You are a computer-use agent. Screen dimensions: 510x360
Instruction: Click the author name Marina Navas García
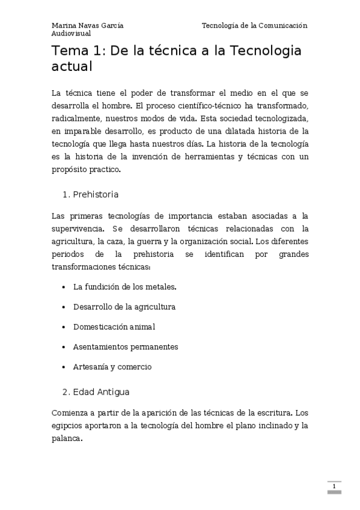click(x=88, y=26)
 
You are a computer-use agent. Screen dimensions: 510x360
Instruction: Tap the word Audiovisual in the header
click(x=71, y=34)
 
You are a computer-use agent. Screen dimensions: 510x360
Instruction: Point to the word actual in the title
click(x=72, y=66)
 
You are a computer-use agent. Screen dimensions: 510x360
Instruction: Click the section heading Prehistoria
click(x=95, y=195)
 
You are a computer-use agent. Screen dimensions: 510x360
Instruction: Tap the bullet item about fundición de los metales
click(x=124, y=287)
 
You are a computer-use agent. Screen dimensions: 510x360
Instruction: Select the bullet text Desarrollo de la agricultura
click(x=124, y=307)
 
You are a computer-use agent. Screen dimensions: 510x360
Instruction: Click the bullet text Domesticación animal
click(x=114, y=327)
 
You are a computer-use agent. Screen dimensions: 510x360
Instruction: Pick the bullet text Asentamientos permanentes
click(x=125, y=347)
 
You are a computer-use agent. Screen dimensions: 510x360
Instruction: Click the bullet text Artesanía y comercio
click(x=112, y=367)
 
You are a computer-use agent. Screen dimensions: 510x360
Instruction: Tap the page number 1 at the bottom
click(x=334, y=486)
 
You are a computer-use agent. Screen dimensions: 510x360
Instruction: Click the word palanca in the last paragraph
click(x=66, y=438)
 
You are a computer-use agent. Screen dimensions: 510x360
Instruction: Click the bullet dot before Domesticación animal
click(x=64, y=327)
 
